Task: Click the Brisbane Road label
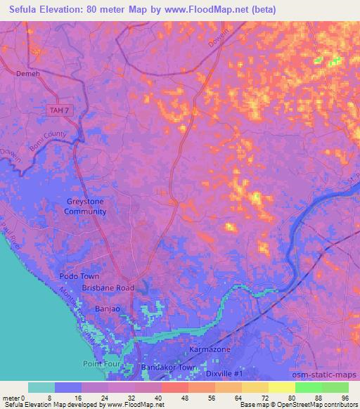coord(108,288)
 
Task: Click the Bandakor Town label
coord(169,368)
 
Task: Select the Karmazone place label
coord(210,349)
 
